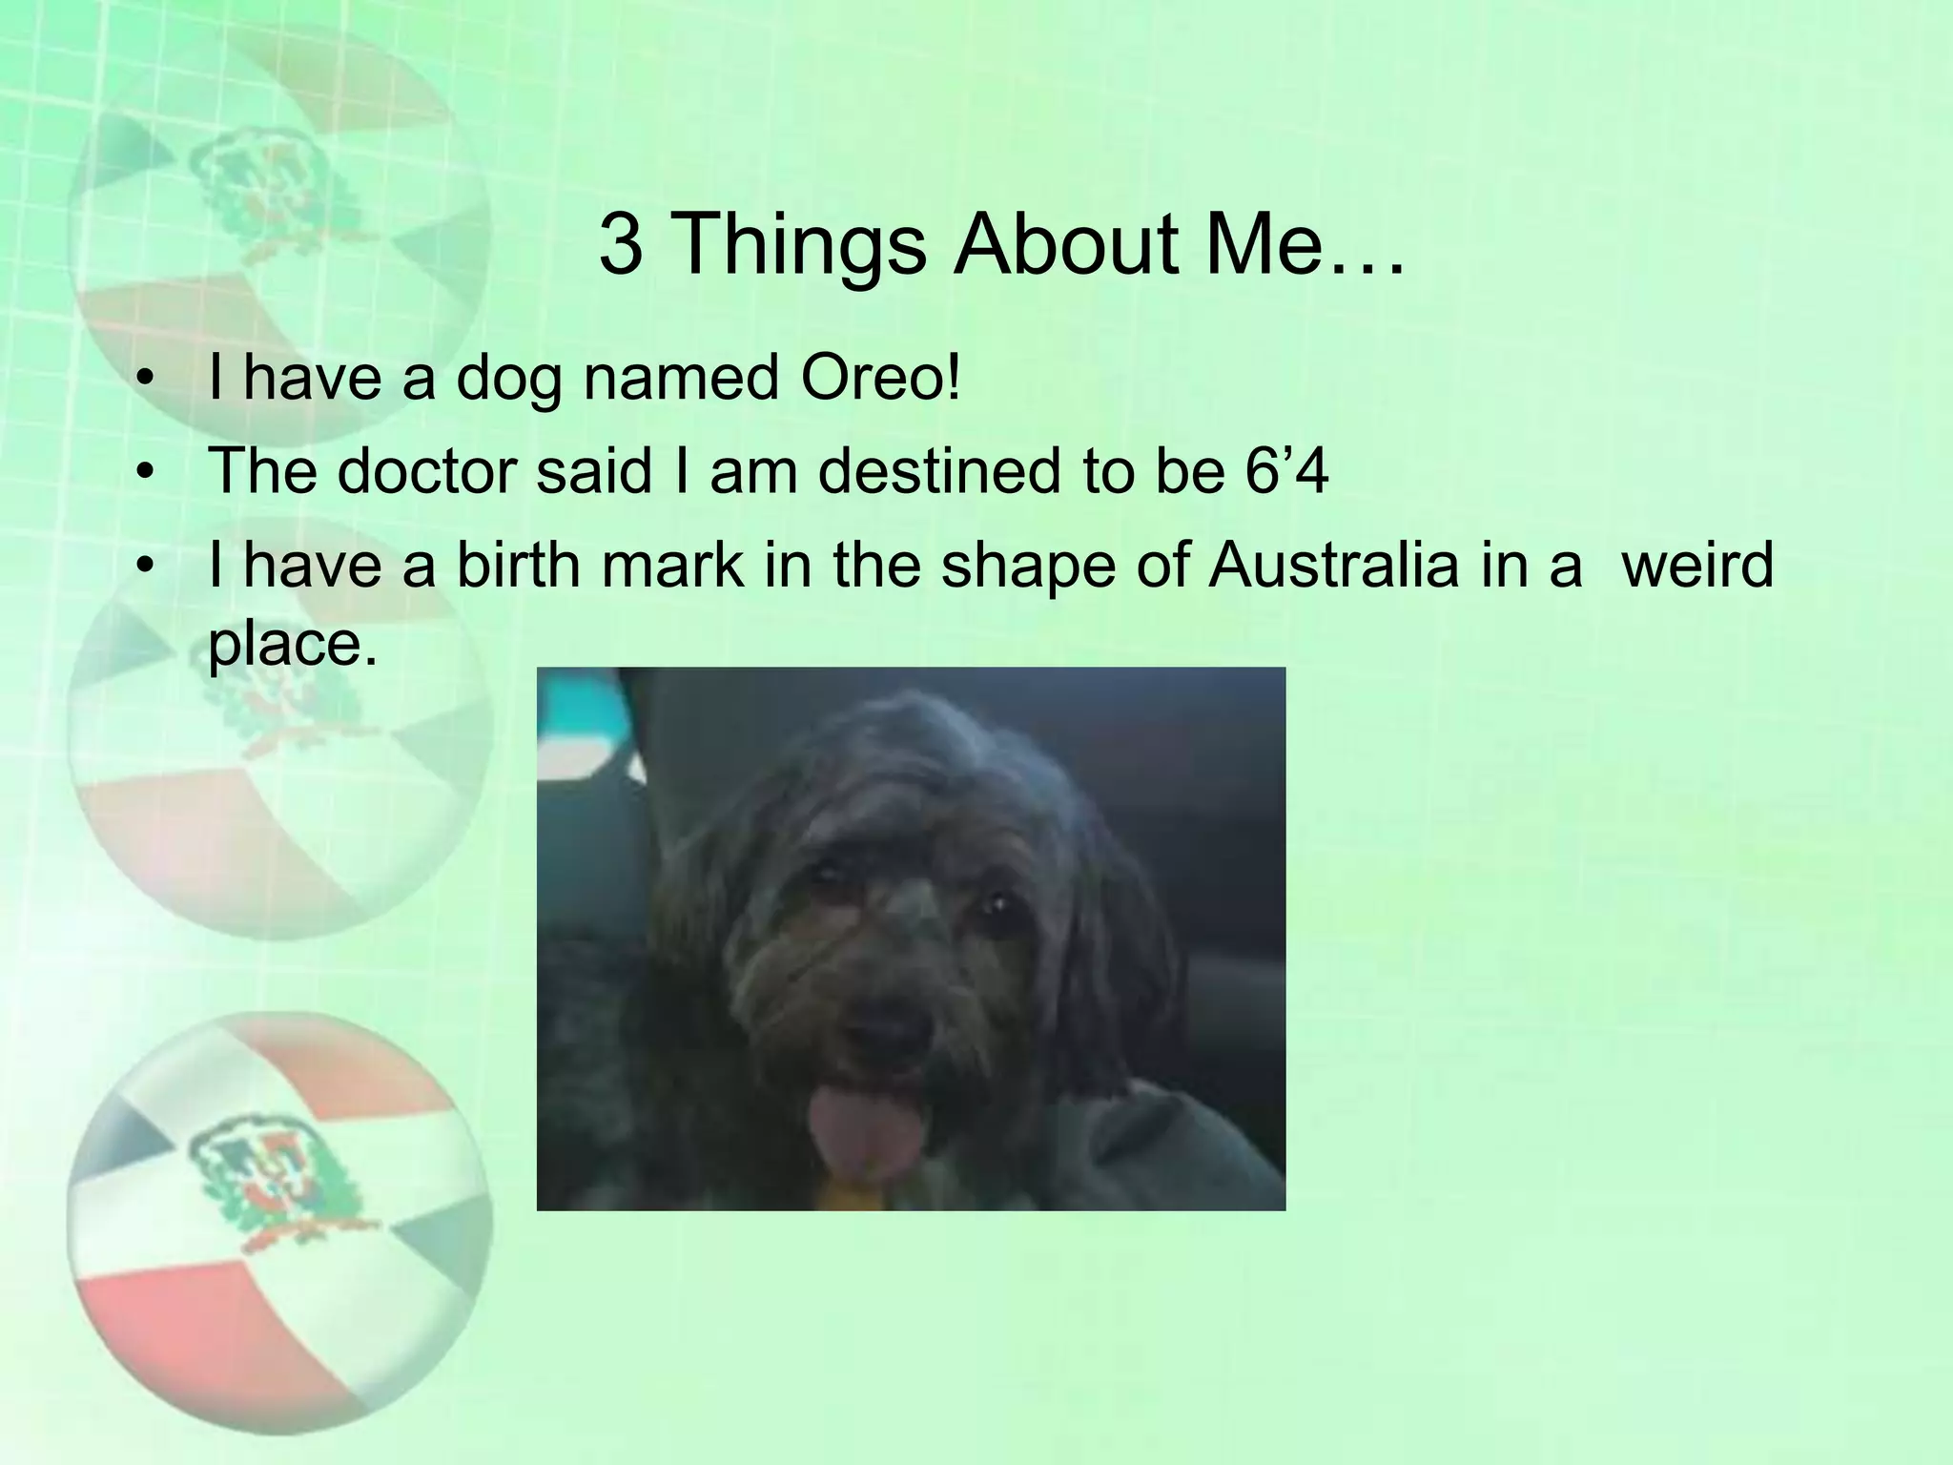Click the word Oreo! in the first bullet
coord(880,379)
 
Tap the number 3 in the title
coord(621,244)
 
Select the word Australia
coord(1333,565)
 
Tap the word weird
coord(1697,565)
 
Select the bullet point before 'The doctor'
coord(145,473)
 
